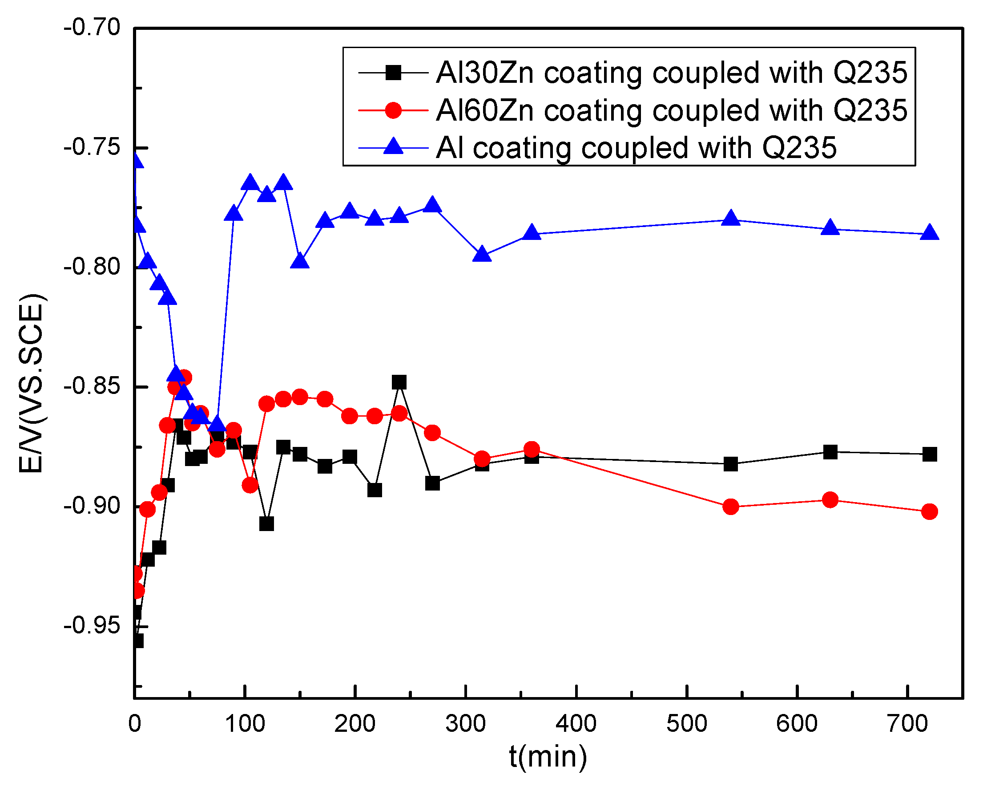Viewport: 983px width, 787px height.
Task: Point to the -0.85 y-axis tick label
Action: point(92,386)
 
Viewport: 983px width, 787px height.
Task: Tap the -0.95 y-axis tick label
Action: point(92,625)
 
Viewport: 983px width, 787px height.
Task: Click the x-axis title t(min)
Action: point(548,757)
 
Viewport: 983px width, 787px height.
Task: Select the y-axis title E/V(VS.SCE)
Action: point(31,383)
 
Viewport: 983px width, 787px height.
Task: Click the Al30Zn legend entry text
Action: point(671,73)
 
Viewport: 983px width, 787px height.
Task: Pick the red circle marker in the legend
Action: point(393,110)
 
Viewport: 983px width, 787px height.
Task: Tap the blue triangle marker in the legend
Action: point(393,147)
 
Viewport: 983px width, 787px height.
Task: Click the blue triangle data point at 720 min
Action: point(929,233)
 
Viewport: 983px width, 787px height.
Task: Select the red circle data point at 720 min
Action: point(929,511)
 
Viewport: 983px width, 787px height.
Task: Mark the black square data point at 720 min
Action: point(929,454)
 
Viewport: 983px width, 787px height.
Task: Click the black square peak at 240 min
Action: point(399,382)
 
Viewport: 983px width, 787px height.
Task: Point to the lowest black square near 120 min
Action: point(266,524)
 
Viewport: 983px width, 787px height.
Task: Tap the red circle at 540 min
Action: point(730,507)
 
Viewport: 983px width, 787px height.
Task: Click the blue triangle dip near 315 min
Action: point(482,255)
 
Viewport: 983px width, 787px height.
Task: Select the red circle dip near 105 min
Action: point(250,485)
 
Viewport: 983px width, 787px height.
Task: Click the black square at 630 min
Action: point(830,452)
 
